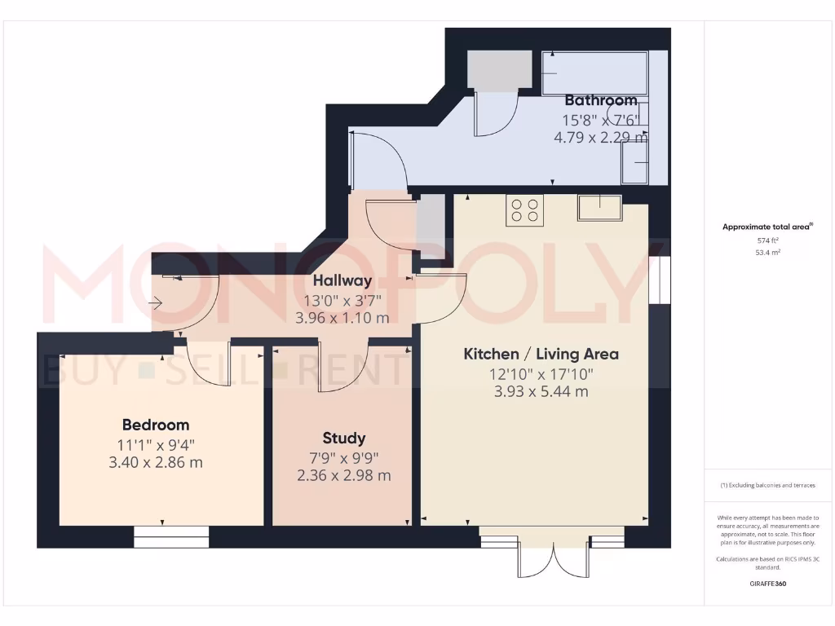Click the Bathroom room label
[x=601, y=100]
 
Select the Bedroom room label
[x=156, y=425]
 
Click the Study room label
[x=343, y=438]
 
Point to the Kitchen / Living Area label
[x=541, y=354]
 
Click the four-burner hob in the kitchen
[x=524, y=210]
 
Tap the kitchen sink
[x=599, y=207]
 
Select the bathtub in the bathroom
[x=594, y=73]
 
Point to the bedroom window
[x=171, y=536]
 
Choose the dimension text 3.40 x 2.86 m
[x=156, y=463]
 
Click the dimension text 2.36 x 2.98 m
[x=343, y=475]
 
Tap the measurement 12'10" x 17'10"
[x=541, y=374]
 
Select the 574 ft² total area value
[x=768, y=240]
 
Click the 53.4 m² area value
[x=768, y=253]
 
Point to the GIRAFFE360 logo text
[x=768, y=584]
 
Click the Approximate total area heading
[x=767, y=227]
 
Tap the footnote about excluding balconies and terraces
[x=767, y=485]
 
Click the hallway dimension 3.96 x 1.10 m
[x=342, y=318]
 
